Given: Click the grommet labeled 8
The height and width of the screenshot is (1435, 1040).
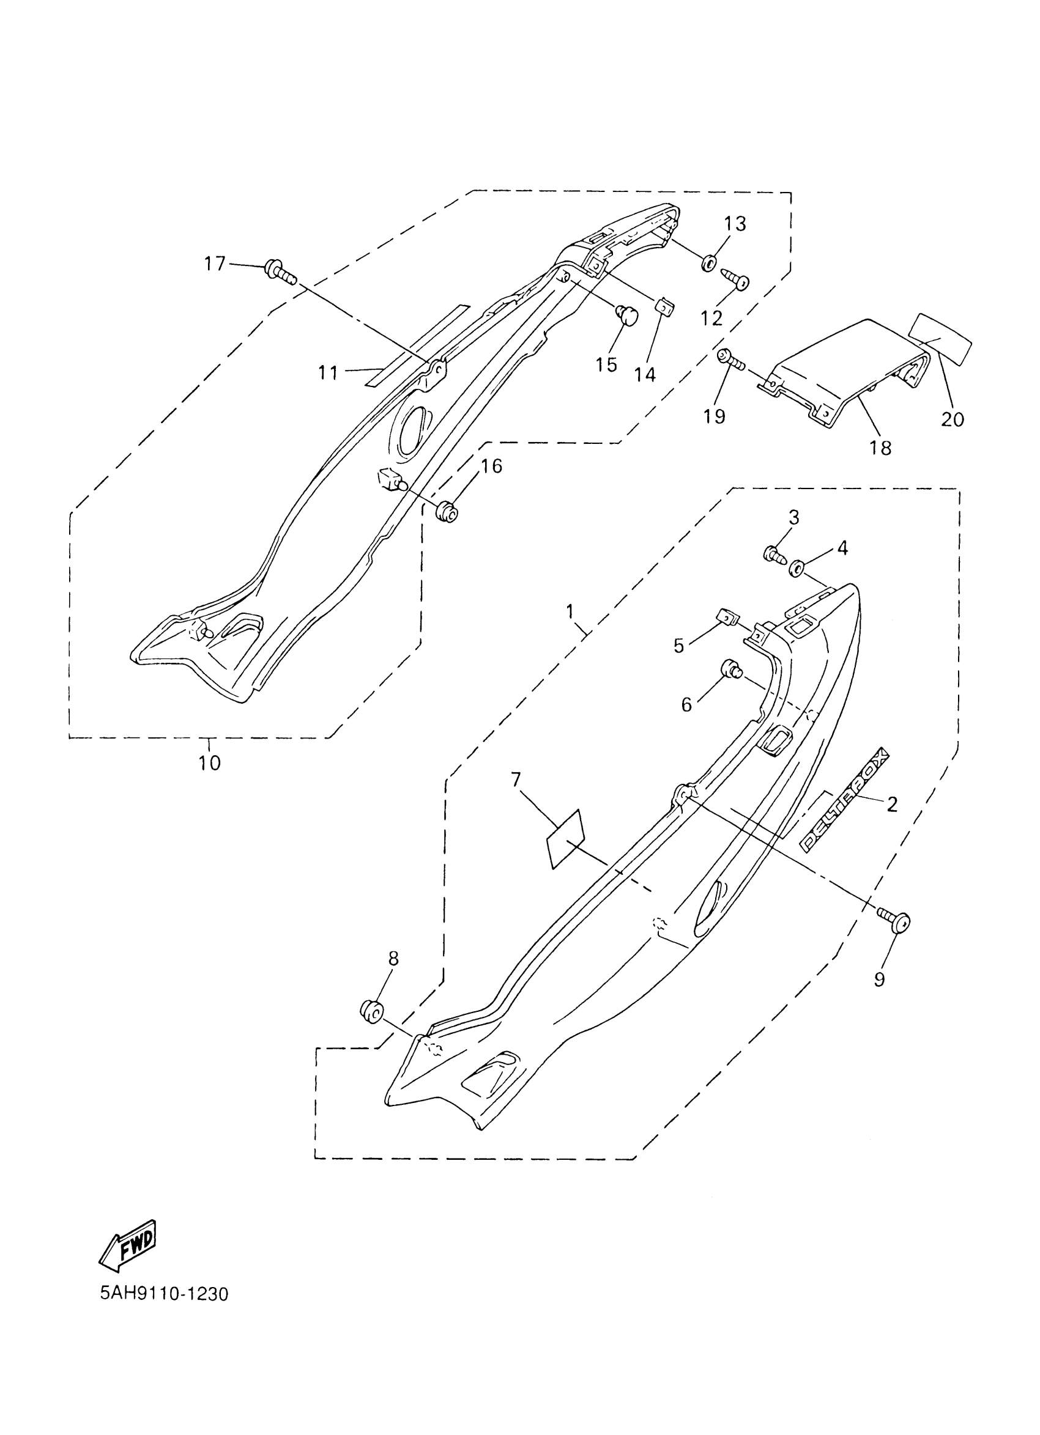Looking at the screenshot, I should [371, 1010].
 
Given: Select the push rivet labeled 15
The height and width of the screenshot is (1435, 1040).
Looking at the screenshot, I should [626, 313].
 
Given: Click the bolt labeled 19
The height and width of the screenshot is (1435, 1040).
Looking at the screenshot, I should [729, 360].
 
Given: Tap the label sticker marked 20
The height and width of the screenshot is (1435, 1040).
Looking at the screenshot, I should [939, 339].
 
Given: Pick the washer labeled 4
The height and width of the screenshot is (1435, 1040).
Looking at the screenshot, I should [797, 567].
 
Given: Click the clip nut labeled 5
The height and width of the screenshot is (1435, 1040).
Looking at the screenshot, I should [726, 614].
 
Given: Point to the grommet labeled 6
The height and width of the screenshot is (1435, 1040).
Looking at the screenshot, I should [732, 668].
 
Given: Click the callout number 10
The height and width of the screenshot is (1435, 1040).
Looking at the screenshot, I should [209, 764].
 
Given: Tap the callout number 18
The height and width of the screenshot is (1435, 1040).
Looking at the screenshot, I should [880, 448].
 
